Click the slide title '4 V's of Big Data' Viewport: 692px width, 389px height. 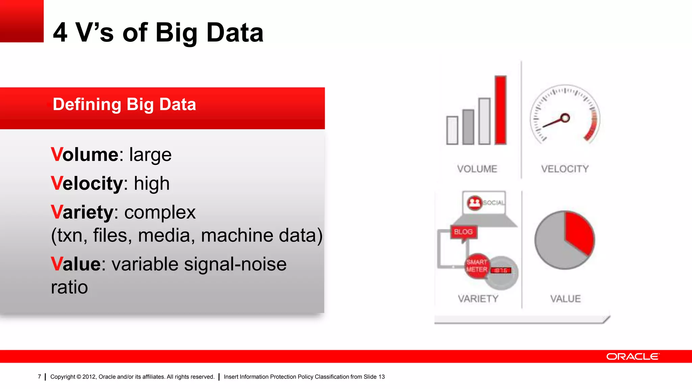click(x=158, y=32)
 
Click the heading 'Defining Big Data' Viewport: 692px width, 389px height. click(x=124, y=104)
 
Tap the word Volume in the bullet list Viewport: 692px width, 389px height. click(x=84, y=155)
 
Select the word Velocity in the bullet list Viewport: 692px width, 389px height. click(x=87, y=183)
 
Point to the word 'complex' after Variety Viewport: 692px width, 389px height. click(x=160, y=212)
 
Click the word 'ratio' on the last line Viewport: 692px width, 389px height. click(x=69, y=287)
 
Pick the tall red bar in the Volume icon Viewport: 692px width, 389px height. click(x=500, y=110)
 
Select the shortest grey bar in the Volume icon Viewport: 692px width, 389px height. click(x=452, y=130)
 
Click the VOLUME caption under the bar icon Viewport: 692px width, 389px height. click(x=477, y=169)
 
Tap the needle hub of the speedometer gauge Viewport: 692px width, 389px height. click(x=565, y=118)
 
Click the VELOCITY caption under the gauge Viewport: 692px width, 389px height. click(x=565, y=169)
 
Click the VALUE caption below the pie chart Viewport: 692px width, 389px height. click(x=565, y=299)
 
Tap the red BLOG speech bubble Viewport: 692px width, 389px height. click(x=463, y=232)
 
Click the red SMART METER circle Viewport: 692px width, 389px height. click(x=476, y=266)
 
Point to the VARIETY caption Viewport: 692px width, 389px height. click(x=478, y=299)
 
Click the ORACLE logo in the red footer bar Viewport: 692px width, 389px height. click(x=632, y=357)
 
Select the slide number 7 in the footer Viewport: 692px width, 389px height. click(x=40, y=377)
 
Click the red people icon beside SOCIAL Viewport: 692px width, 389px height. click(x=474, y=203)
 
